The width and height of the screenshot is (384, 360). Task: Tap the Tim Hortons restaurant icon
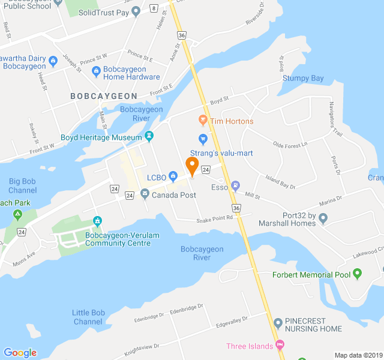[x=202, y=121]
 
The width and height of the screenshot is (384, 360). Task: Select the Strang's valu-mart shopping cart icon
[x=203, y=140]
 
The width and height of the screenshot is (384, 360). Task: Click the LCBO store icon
[x=173, y=176]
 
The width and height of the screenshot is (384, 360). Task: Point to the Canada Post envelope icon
[x=145, y=193]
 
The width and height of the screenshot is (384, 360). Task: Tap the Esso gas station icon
[x=235, y=185]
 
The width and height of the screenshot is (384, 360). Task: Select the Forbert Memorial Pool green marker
[x=358, y=275]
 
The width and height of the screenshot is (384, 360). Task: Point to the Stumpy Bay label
[x=303, y=79]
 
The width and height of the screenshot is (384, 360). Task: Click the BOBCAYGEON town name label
[x=103, y=96]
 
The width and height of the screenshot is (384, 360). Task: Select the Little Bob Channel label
[x=89, y=317]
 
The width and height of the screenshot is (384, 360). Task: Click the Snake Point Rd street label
[x=214, y=218]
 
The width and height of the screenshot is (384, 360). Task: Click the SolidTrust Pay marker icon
[x=136, y=11]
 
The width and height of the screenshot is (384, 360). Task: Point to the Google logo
[x=20, y=353]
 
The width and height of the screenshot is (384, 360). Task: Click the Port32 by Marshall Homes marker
[x=323, y=218]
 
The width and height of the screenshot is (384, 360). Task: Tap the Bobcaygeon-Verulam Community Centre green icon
[x=97, y=222]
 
